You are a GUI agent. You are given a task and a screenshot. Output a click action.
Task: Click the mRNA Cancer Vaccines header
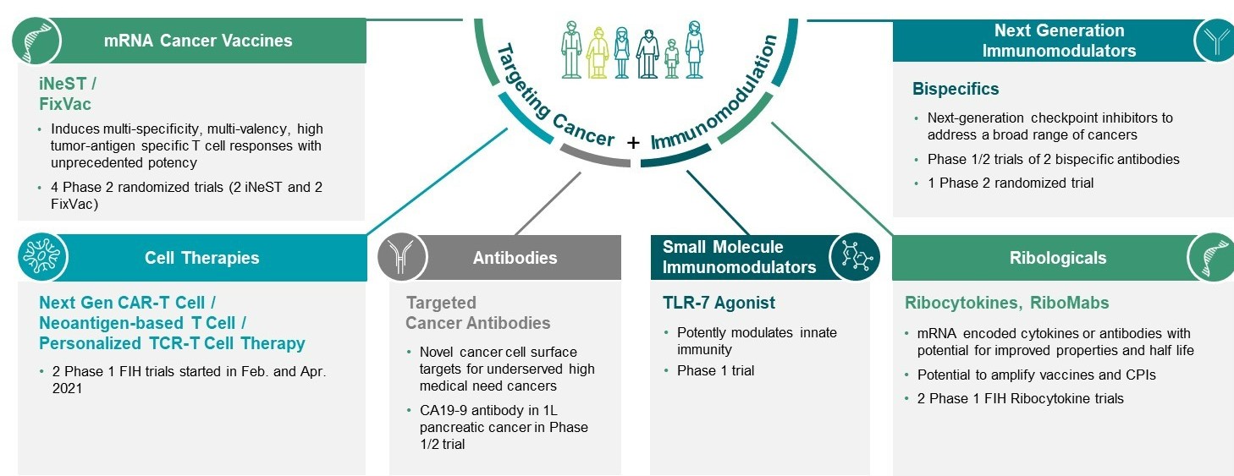click(x=198, y=41)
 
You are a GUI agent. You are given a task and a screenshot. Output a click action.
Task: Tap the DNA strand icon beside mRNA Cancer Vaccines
click(x=39, y=41)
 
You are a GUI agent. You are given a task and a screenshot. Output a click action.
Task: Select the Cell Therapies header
click(x=201, y=258)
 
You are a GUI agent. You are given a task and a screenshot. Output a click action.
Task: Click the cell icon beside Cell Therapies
click(x=41, y=258)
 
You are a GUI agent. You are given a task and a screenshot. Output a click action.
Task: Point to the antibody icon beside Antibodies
click(x=402, y=257)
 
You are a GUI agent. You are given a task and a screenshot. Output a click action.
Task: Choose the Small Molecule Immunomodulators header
click(x=738, y=257)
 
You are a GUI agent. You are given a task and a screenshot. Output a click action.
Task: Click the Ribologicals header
click(x=1057, y=258)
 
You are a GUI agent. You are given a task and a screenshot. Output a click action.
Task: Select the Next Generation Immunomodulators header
click(x=1059, y=41)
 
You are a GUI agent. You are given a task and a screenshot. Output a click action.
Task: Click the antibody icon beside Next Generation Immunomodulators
click(x=1216, y=41)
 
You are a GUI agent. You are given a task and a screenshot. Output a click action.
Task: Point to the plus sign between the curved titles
click(x=633, y=143)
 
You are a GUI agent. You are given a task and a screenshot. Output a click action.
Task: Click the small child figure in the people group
click(x=671, y=61)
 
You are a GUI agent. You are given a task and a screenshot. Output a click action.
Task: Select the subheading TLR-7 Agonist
click(x=719, y=303)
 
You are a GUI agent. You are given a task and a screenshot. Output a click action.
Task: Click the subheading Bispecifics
click(x=956, y=89)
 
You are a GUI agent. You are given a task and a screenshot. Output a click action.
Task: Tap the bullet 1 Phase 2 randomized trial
click(x=1011, y=183)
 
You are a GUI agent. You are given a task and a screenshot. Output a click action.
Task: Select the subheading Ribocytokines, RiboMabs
click(x=1006, y=303)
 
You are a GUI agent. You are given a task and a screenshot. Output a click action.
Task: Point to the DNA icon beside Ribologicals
click(x=1211, y=257)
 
